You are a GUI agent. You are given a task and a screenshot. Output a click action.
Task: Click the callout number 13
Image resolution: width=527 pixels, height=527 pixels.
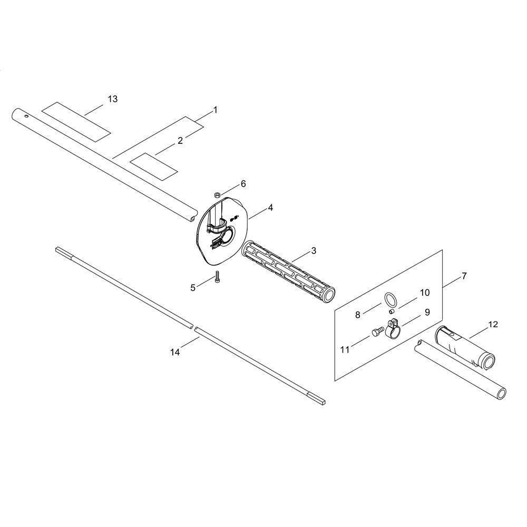point(113,99)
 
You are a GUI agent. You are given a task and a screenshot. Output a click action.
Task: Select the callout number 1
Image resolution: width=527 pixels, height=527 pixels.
point(216,110)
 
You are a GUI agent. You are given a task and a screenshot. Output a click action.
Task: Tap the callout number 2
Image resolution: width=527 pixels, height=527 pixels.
point(180,141)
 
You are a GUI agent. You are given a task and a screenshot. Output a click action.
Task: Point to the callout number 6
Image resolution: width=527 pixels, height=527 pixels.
point(243,184)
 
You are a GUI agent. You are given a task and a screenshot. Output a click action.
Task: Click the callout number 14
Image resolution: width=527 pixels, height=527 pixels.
point(175,352)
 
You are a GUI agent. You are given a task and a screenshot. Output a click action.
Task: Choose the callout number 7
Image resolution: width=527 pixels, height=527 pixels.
point(464,276)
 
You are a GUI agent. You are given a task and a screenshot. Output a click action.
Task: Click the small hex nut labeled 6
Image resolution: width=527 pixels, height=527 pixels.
point(217,194)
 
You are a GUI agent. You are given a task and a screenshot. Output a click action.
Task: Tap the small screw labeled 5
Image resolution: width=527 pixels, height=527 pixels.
point(217,277)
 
